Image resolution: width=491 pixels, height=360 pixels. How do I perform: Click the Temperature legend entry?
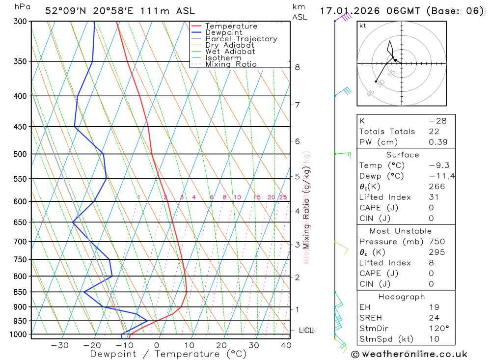(231, 26)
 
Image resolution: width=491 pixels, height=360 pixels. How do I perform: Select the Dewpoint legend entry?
(224, 32)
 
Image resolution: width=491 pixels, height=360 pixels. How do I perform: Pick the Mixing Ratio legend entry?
(231, 64)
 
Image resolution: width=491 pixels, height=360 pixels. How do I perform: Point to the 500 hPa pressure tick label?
(20, 154)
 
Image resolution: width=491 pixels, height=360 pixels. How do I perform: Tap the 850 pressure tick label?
(20, 292)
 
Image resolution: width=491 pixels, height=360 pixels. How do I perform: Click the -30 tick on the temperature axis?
(59, 345)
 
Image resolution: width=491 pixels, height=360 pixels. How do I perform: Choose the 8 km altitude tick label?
(298, 67)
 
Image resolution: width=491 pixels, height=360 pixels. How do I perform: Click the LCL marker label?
(306, 331)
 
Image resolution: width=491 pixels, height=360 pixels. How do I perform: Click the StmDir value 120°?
(438, 328)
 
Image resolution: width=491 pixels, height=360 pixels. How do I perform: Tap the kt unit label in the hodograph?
(363, 26)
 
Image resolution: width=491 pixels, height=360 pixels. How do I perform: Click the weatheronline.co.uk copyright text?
(409, 354)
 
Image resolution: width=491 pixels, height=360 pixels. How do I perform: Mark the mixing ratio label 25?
(283, 197)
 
